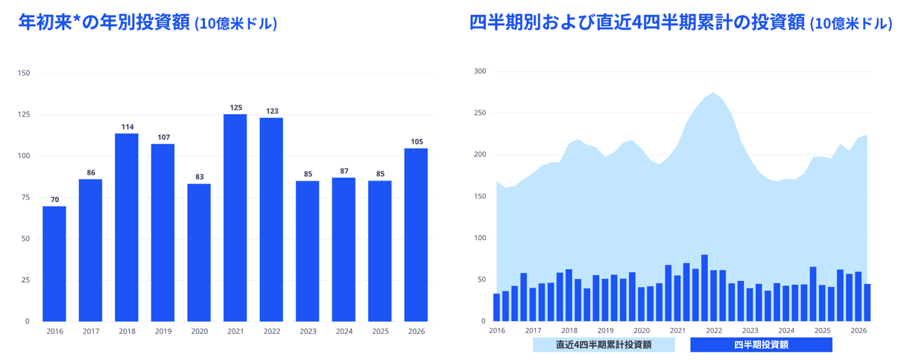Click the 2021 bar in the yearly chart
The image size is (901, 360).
235,218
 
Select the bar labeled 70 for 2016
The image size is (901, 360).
54,264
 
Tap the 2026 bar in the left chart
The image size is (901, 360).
416,235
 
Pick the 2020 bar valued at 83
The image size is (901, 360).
199,253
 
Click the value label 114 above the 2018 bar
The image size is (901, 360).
127,127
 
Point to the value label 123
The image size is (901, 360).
272,111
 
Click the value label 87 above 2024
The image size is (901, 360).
344,171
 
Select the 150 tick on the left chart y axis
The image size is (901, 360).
24,73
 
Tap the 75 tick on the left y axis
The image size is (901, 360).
25,197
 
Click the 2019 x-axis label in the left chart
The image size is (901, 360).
163,332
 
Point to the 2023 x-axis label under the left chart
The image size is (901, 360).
308,332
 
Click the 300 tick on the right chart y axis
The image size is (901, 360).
480,72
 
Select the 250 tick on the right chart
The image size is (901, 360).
480,113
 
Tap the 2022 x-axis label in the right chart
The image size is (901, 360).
714,331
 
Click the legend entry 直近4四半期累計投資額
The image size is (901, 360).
604,344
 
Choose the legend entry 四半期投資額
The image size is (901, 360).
761,344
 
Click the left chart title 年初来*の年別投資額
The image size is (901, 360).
104,22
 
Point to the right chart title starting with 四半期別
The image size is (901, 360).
680,22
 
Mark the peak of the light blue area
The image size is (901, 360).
713,92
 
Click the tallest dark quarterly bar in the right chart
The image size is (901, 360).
704,288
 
